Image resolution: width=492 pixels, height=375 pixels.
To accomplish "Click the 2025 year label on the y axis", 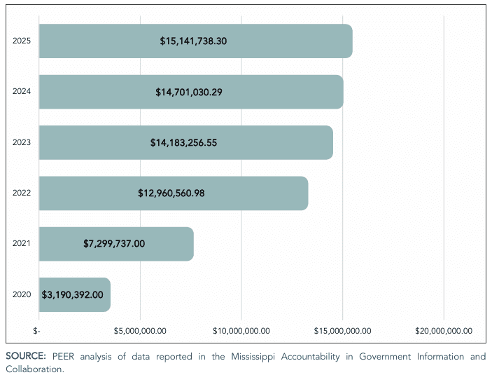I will (x=22, y=41).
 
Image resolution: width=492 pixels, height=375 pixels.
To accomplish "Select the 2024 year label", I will (x=22, y=92).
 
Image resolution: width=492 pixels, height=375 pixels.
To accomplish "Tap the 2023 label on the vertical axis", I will (x=22, y=142).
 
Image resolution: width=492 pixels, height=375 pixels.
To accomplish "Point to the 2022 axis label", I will (x=22, y=193).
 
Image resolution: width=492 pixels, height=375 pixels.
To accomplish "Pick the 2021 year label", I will (x=22, y=244).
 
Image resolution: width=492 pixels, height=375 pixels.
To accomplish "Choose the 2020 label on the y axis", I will (x=22, y=294).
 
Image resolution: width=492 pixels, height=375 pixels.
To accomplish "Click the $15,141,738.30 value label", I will (x=193, y=41).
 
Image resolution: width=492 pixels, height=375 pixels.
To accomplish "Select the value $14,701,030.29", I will (x=189, y=92).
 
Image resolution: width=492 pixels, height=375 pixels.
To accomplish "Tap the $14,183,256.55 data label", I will (x=183, y=142).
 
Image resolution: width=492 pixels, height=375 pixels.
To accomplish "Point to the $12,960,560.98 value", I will (x=171, y=193).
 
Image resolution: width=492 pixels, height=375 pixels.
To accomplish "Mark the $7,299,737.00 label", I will (x=114, y=244).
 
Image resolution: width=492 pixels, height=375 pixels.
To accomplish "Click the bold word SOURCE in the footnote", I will (x=26, y=357).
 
